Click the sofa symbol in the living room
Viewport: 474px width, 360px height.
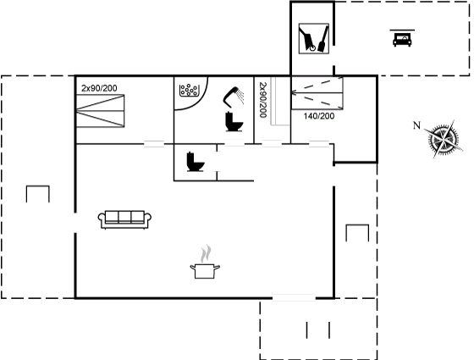click(124, 219)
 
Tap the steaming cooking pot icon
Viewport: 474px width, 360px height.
click(205, 263)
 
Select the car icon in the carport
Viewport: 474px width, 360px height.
click(402, 38)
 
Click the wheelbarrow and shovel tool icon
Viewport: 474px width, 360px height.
click(314, 39)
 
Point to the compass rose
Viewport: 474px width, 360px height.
click(444, 139)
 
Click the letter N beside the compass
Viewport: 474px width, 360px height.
click(416, 125)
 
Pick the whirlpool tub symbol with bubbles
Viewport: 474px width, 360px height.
click(189, 91)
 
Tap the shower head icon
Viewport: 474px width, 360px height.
click(234, 97)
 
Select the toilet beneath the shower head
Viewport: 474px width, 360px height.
click(234, 122)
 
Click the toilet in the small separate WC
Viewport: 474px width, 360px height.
click(196, 162)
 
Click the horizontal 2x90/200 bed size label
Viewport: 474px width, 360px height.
click(99, 88)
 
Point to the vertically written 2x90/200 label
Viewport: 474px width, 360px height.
click(262, 100)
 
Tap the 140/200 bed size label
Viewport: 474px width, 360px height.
click(319, 116)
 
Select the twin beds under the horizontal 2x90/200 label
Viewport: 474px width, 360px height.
click(100, 111)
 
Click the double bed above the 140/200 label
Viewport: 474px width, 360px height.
click(317, 93)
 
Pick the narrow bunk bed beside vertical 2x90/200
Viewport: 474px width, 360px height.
click(280, 101)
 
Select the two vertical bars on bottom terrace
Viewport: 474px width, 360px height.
click(318, 330)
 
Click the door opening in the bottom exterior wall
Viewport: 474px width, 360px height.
click(294, 298)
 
